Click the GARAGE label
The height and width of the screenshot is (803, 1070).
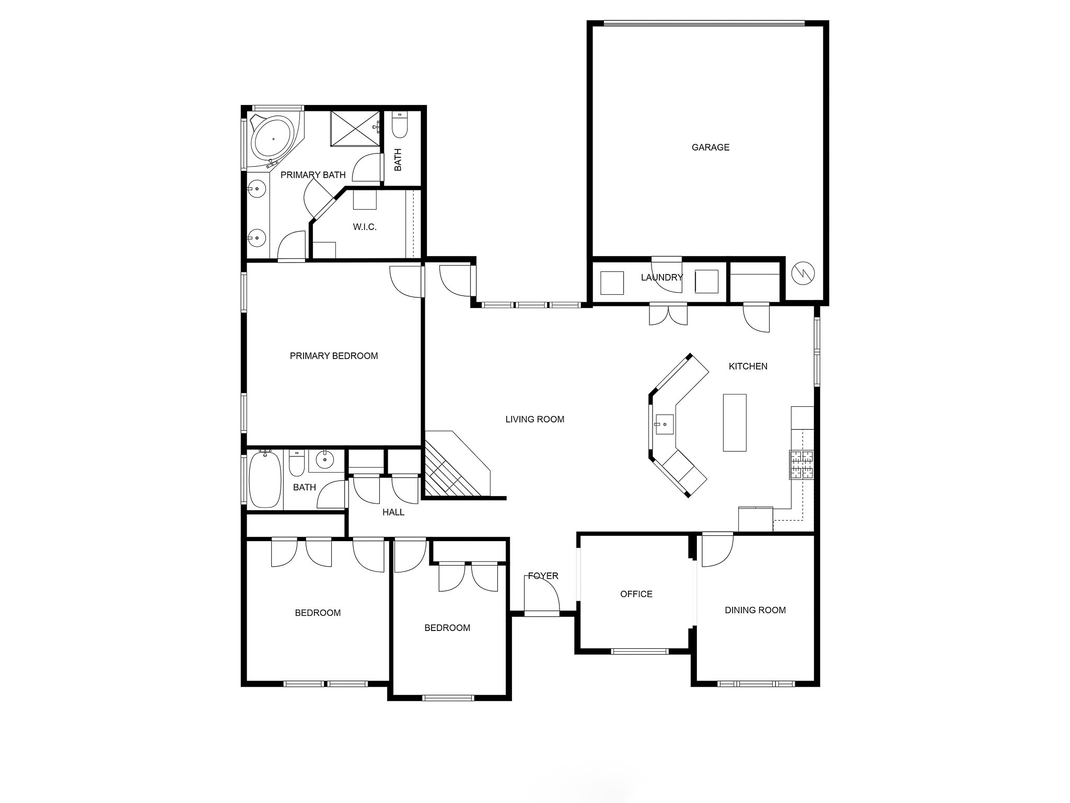[x=710, y=147]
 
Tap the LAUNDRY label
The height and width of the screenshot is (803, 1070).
[x=661, y=278]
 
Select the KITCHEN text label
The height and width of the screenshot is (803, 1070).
[x=748, y=366]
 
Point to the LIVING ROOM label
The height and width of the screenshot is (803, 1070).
[x=534, y=419]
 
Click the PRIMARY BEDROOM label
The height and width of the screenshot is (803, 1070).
[x=333, y=356]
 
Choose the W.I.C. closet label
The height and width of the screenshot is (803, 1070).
[x=364, y=227]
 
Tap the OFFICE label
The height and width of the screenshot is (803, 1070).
[x=636, y=594]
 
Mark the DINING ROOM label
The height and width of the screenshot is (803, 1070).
[x=755, y=610]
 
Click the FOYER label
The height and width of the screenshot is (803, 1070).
[x=543, y=576]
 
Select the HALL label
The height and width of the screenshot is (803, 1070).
[x=393, y=512]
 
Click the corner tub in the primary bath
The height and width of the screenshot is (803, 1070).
[x=272, y=139]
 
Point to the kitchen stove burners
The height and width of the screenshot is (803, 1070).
[x=801, y=465]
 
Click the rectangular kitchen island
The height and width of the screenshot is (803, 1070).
[x=734, y=422]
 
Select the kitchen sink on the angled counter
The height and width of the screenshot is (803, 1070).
[x=665, y=424]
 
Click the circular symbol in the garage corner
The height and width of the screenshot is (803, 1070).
[x=803, y=272]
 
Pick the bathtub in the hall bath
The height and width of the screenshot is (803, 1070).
[x=265, y=479]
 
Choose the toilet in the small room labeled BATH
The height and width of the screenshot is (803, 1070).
[x=400, y=125]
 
